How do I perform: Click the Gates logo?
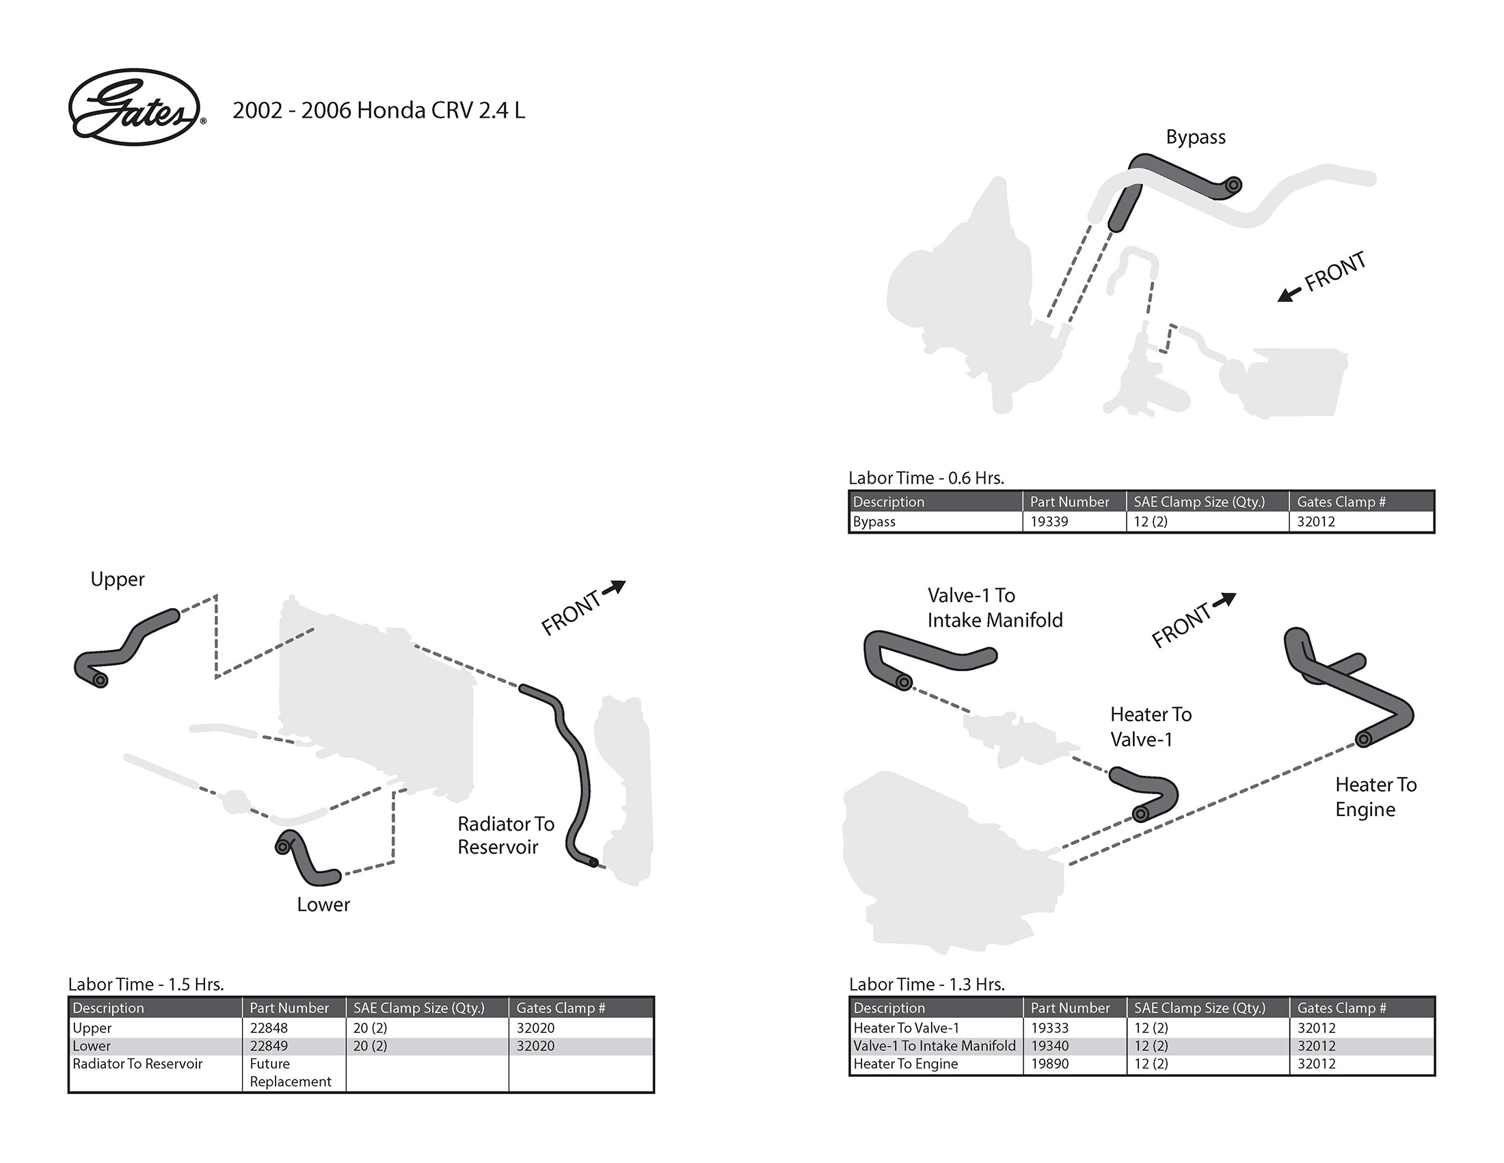tap(135, 107)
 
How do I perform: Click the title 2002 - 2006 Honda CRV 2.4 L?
tap(378, 110)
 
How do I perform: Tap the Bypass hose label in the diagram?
tap(1195, 137)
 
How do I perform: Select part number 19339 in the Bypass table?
tap(1049, 521)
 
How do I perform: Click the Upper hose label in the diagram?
tap(117, 579)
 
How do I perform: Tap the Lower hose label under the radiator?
tap(323, 904)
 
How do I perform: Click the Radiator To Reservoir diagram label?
tap(505, 835)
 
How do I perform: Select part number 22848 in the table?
tap(268, 1028)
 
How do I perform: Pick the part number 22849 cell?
tap(268, 1046)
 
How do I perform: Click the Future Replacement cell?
tap(289, 1073)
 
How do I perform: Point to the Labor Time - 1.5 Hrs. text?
tap(146, 984)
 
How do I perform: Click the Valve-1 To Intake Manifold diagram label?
tap(994, 607)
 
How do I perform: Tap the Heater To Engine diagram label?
tap(1375, 796)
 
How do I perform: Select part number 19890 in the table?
tap(1049, 1064)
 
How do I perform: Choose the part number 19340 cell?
tap(1049, 1046)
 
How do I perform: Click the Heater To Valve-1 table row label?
tap(906, 1028)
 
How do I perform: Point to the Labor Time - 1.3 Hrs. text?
tap(926, 984)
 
